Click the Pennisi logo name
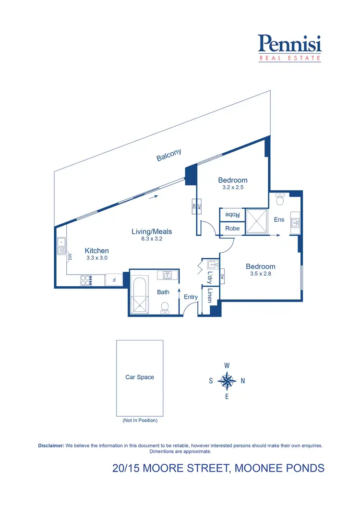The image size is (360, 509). tap(290, 44)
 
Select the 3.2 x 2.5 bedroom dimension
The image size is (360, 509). tap(233, 188)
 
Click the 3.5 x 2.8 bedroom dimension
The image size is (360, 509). tap(261, 274)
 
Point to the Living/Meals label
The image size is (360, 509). tap(152, 231)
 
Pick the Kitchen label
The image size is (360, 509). tap(97, 251)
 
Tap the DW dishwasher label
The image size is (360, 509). tap(70, 256)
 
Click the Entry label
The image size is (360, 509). tap(191, 297)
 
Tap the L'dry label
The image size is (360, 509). tap(210, 278)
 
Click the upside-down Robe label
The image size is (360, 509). tap(232, 214)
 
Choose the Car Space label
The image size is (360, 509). tap(140, 377)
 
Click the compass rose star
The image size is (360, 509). tap(227, 381)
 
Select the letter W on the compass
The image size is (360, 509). tap(227, 365)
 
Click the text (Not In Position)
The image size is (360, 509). tap(140, 421)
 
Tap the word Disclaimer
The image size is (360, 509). tap(51, 446)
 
